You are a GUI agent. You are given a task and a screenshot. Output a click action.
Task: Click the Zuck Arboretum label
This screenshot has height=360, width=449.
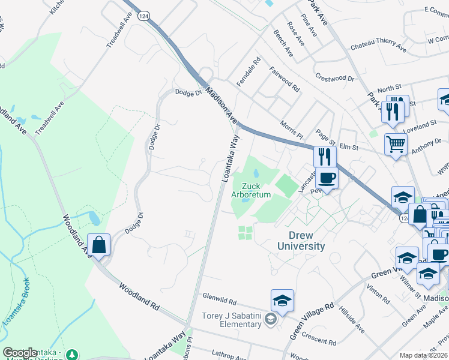pos(252,191)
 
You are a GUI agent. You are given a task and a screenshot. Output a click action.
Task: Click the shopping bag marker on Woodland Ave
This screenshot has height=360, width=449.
pos(99,245)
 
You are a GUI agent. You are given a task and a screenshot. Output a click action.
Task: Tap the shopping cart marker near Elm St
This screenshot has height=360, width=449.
pos(396,144)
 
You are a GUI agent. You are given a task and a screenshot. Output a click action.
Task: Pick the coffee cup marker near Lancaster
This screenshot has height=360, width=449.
pos(327,178)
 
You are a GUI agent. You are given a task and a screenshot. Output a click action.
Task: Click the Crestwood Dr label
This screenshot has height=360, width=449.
pos(334,78)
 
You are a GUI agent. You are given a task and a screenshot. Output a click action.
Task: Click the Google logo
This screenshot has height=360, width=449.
pos(20,353)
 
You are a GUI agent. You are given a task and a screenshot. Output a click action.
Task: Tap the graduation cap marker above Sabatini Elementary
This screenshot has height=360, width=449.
pos(282,300)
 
